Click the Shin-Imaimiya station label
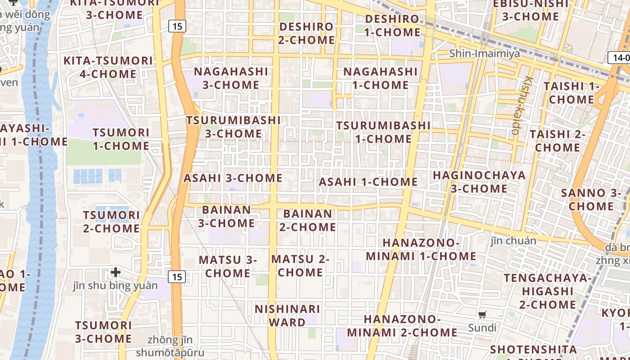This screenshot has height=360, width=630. tap(485, 54)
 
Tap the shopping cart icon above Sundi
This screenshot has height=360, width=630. tap(482, 315)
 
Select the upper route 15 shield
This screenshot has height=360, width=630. tap(177, 27)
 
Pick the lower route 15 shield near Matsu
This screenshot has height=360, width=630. tap(177, 277)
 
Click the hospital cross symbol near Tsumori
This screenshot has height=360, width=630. tap(116, 272)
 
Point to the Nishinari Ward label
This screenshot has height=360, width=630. tap(287, 316)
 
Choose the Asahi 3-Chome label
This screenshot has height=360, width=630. tap(233, 178)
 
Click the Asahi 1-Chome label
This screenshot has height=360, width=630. tap(368, 182)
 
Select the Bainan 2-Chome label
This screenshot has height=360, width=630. tap(308, 220)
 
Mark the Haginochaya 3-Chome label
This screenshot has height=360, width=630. tap(479, 182)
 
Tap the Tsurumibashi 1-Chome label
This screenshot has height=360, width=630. tap(383, 132)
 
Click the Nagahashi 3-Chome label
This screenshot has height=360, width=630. tap(231, 78)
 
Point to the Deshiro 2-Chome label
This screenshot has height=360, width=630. tap(306, 33)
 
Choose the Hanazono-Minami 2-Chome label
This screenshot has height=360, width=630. tap(402, 326)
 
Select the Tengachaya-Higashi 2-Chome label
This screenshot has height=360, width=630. tap(548, 291)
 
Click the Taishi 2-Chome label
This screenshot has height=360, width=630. tap(557, 141)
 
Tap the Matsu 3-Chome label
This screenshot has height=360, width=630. tap(228, 266)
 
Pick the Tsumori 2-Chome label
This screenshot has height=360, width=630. tap(111, 222)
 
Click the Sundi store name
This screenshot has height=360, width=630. tap(482, 328)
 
